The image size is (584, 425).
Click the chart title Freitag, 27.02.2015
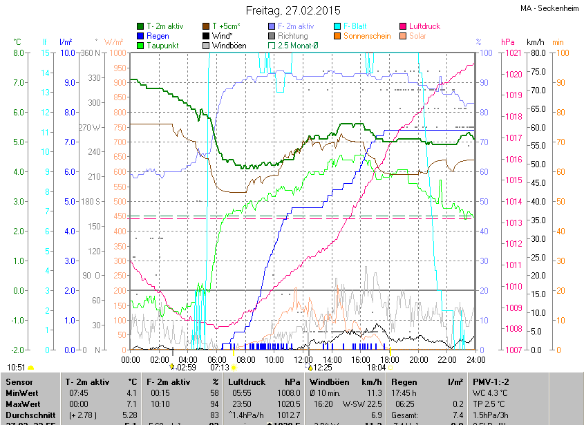[294, 10]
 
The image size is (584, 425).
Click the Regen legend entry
[158, 35]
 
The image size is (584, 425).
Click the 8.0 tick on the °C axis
[19, 53]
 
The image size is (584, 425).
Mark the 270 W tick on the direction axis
[91, 127]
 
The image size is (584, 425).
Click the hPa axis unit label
[508, 42]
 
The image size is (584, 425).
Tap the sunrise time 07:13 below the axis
[220, 368]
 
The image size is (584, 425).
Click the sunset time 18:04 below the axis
[377, 368]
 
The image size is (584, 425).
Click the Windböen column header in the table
[330, 381]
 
